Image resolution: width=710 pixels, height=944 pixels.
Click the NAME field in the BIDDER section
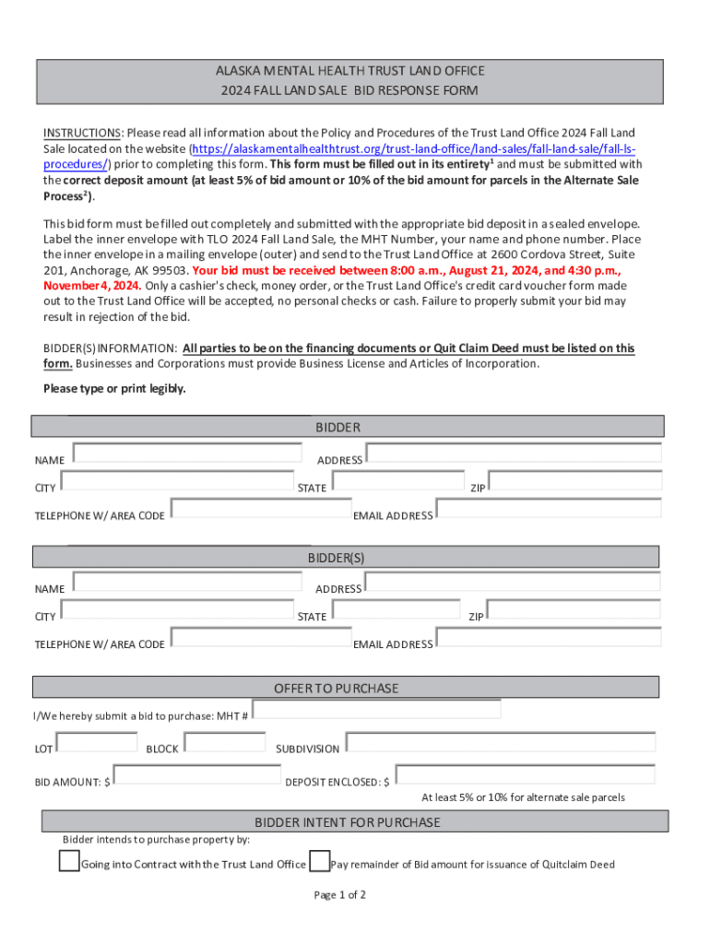tap(187, 453)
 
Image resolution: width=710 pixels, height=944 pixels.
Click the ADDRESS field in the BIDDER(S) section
tap(512, 582)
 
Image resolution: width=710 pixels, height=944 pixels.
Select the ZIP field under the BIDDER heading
tap(574, 480)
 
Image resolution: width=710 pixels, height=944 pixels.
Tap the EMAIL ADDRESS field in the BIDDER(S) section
tap(548, 637)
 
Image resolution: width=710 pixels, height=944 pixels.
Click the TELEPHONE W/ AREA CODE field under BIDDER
tap(260, 508)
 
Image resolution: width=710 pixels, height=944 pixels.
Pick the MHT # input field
tap(376, 709)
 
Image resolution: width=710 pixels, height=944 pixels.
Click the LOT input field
tap(97, 742)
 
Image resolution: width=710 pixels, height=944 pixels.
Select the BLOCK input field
tap(225, 742)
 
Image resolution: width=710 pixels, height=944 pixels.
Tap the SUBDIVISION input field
tap(500, 742)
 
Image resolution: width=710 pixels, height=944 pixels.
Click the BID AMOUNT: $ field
tap(196, 775)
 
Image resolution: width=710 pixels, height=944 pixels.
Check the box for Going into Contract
tap(69, 862)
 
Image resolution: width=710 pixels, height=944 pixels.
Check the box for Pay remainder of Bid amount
tap(319, 862)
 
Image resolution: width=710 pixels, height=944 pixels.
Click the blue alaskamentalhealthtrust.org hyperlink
tap(412, 149)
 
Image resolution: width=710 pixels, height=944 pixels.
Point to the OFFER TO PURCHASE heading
tap(337, 689)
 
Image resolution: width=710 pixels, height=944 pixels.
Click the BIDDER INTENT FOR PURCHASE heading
tap(348, 822)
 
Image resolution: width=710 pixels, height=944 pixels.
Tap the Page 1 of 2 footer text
tap(340, 895)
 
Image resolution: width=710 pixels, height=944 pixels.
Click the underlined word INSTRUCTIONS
tap(82, 134)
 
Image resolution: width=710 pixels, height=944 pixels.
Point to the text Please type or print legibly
tap(114, 389)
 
